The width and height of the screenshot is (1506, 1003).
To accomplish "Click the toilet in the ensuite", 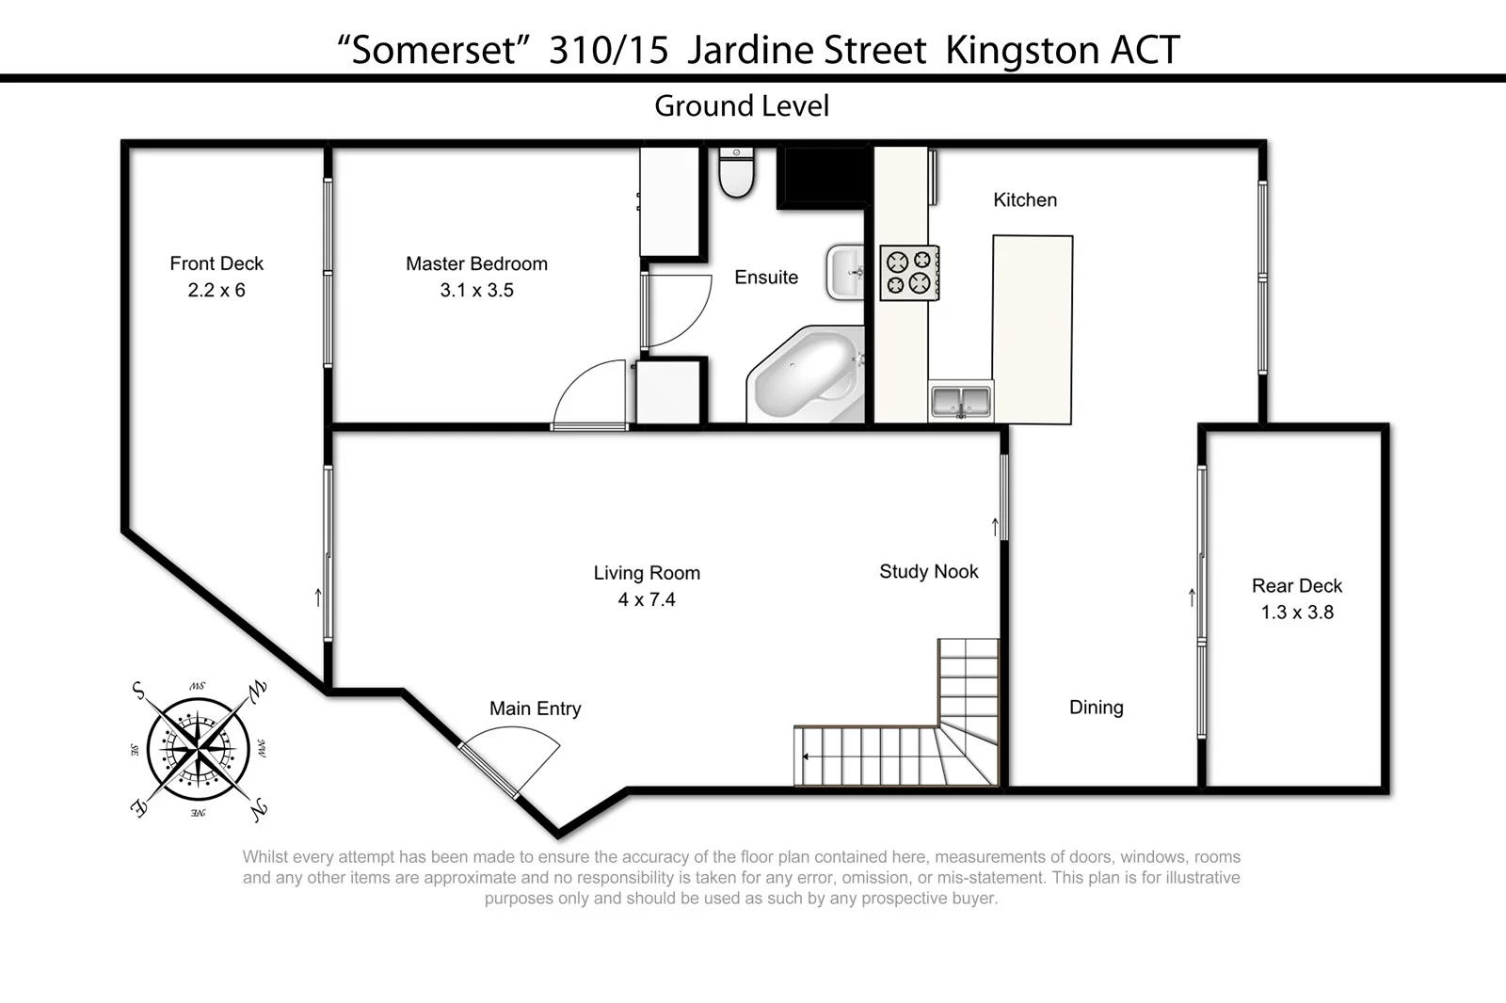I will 736,173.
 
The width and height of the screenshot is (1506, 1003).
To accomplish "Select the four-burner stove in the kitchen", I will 909,273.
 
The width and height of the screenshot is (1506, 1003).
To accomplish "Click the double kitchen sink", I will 961,402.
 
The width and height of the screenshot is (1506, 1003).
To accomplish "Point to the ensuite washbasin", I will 846,272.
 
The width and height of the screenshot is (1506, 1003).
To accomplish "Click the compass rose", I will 199,750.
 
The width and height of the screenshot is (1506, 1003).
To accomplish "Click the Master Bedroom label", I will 476,264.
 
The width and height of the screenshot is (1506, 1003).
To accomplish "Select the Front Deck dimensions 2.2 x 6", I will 216,291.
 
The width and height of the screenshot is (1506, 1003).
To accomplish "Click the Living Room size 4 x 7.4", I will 647,600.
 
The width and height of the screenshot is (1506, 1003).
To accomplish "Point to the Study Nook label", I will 928,572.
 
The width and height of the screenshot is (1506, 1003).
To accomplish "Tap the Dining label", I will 1096,708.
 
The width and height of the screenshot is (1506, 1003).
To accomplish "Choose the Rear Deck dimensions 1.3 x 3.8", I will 1297,613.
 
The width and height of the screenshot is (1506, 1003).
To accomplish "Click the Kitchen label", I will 1025,200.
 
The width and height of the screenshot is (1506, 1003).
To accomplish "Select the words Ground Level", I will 742,106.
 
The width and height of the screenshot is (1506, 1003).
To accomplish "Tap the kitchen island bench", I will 1032,329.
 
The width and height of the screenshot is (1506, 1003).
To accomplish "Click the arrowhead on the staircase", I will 806,756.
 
